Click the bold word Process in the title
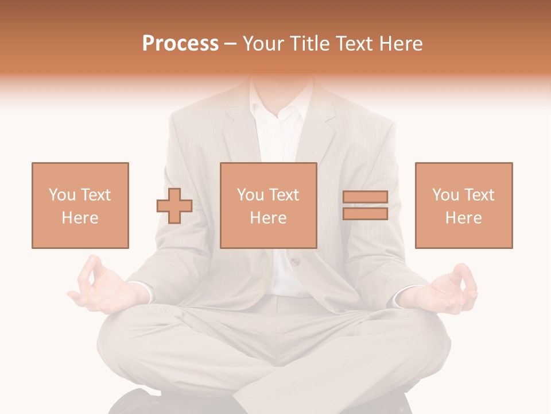(180, 44)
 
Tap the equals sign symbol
(365, 205)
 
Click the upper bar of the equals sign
(365, 197)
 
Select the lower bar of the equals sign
(365, 213)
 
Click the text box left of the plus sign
(80, 205)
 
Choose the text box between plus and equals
(268, 205)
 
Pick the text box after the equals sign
(464, 205)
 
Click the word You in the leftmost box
(61, 195)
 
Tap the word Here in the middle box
(268, 218)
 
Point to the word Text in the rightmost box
(478, 195)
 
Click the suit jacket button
(294, 262)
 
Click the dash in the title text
(231, 44)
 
